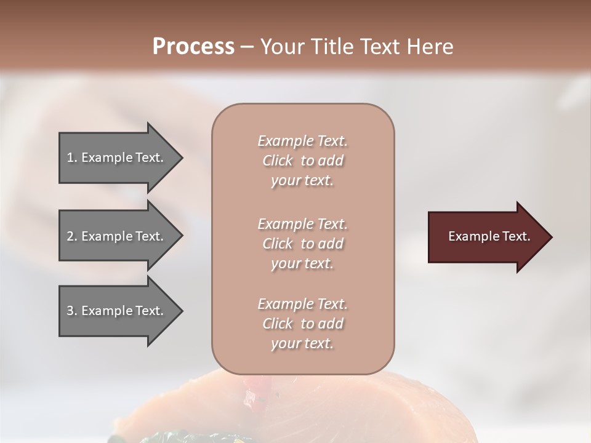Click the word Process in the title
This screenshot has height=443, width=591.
point(193,46)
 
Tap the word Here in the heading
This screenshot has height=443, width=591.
point(430,46)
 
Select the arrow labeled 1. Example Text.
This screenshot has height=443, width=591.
point(117,158)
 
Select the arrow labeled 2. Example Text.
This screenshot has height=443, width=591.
point(117,236)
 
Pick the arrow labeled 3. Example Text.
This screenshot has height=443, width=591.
point(117,311)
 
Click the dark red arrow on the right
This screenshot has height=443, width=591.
point(486,237)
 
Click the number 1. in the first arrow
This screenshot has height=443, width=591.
point(72,158)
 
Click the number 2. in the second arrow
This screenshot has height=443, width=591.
point(72,236)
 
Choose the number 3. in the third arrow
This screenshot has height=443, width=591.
point(72,311)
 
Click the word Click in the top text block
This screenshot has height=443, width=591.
point(278,161)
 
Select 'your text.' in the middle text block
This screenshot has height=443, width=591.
point(302,263)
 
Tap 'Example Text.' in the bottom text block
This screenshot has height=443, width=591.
point(302,304)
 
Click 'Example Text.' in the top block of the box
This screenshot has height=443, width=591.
point(302,141)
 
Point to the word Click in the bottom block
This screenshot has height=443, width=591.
point(278,324)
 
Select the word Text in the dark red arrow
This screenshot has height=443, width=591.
point(516,236)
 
